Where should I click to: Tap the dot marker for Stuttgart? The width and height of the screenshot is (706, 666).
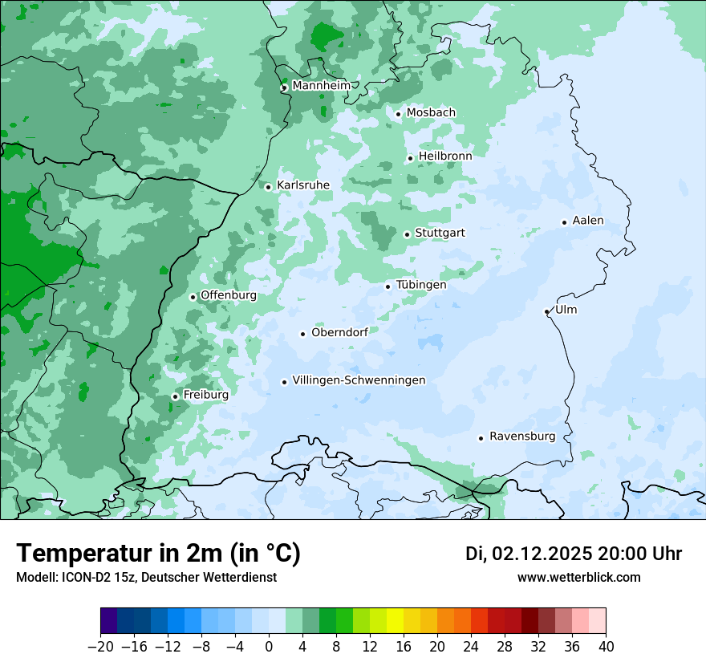click(x=407, y=234)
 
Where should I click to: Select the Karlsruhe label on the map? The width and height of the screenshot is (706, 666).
click(x=302, y=185)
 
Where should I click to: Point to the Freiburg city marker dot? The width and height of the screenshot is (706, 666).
click(x=175, y=396)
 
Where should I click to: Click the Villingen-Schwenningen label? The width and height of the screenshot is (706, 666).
click(x=359, y=380)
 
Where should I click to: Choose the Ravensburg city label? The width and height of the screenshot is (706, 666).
click(x=521, y=437)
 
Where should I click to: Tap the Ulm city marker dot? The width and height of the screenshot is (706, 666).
click(x=546, y=311)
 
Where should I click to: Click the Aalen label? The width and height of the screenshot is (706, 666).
click(x=588, y=221)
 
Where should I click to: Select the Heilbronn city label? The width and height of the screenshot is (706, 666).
click(x=445, y=156)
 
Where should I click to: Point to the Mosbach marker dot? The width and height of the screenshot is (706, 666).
click(x=398, y=114)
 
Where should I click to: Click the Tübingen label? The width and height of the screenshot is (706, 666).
click(x=420, y=285)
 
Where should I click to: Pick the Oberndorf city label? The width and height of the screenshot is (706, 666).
click(x=339, y=332)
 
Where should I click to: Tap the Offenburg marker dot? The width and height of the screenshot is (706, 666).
click(x=193, y=297)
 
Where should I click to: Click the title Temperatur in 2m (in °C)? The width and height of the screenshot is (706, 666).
click(x=158, y=553)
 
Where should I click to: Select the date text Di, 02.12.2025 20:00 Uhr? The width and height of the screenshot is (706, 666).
click(x=573, y=554)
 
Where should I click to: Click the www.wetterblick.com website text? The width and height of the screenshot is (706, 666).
click(x=578, y=577)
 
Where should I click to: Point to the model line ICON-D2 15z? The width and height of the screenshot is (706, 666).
click(x=146, y=577)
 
